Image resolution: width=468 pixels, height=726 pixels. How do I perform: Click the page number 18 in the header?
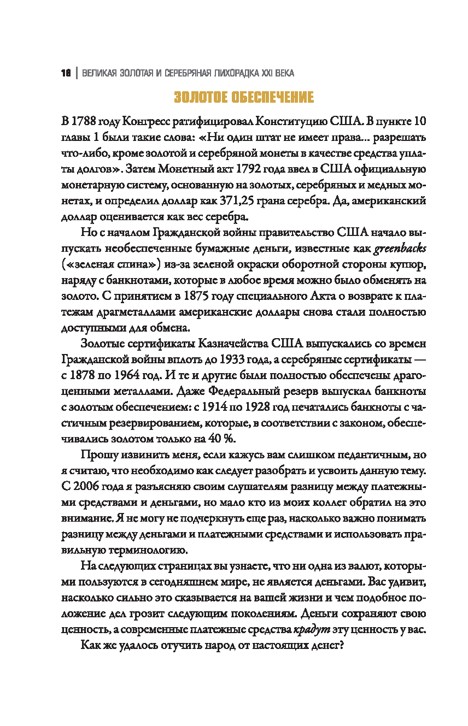click(x=66, y=73)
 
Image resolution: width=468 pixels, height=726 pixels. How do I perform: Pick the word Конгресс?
click(x=149, y=121)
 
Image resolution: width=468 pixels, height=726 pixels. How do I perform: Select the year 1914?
click(x=195, y=408)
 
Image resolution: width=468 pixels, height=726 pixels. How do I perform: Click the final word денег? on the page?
click(x=326, y=645)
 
